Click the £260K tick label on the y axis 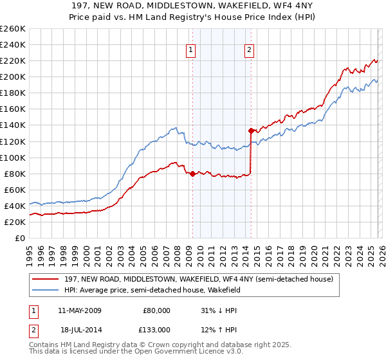[x=13, y=29]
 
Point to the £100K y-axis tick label [x=13, y=157]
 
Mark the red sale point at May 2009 [x=192, y=173]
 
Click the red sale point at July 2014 [x=251, y=130]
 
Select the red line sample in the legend [x=46, y=279]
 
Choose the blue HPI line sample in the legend [x=46, y=290]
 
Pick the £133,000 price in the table [x=156, y=329]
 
